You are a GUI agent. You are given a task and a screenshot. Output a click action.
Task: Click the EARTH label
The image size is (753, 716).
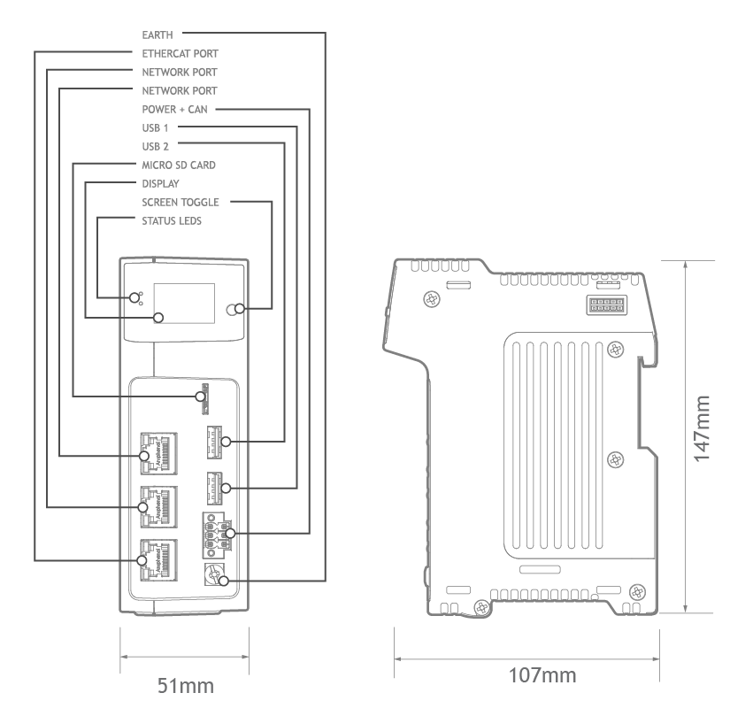coord(157,35)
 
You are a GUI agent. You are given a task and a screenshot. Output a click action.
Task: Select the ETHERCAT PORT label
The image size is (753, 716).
coord(181,54)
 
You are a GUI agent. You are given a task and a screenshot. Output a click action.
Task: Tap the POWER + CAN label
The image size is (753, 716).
coord(175,110)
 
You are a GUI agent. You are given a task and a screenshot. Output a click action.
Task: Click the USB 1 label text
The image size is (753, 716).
coord(155,127)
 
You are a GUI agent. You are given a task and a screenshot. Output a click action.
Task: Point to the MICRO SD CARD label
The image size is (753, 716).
coord(179,166)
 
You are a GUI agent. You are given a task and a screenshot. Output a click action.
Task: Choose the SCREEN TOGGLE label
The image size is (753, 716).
coord(181,202)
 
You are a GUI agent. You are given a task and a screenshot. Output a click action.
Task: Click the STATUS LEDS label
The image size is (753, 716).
coord(172,221)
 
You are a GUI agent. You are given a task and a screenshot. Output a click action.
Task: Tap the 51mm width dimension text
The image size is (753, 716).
coord(185,686)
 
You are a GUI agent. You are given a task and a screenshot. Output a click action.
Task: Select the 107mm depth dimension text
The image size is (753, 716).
coord(542,675)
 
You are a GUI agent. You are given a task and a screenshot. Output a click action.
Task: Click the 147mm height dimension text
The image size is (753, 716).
coord(702,429)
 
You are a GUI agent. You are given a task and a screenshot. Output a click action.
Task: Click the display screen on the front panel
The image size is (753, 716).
coord(184,303)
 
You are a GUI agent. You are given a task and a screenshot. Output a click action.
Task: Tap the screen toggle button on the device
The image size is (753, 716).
coord(233,309)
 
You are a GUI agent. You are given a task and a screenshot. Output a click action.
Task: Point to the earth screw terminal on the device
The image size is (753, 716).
coord(214,574)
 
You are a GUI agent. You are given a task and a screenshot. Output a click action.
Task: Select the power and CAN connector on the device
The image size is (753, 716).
coord(217,535)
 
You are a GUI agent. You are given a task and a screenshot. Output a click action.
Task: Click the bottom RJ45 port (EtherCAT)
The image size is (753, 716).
coord(158,560)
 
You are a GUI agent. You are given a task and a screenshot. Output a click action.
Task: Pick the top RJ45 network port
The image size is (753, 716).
coord(158,454)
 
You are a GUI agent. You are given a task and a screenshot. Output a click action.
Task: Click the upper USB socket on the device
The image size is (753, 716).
coord(214,442)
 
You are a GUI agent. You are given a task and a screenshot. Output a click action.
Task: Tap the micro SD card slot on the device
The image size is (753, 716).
coord(205,398)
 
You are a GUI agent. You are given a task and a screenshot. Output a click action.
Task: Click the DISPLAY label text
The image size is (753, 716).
coord(160,184)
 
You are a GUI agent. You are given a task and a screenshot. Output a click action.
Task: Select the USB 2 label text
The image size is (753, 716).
coord(155,146)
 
